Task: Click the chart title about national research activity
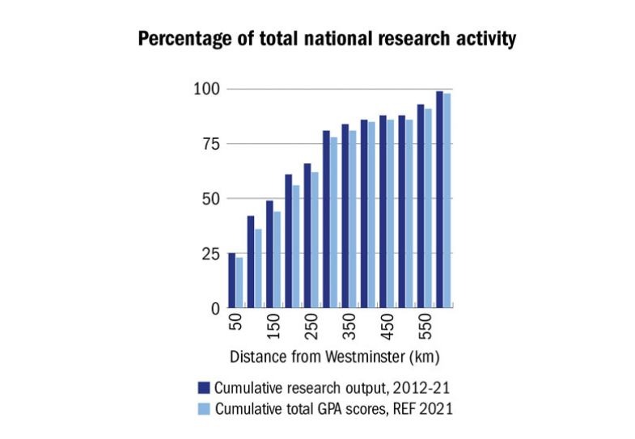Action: [326, 39]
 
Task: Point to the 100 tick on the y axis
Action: [206, 88]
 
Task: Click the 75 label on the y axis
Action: [210, 143]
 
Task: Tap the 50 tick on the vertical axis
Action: [210, 198]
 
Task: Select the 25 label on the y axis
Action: [210, 253]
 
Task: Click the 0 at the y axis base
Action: [215, 308]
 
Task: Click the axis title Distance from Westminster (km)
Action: [334, 357]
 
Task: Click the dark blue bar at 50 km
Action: [231, 281]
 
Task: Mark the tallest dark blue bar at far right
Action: [439, 200]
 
